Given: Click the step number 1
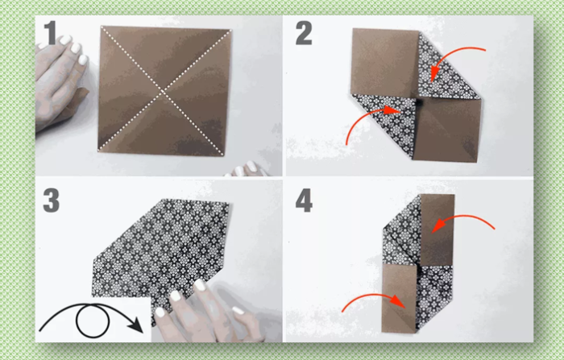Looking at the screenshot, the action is click(x=50, y=32).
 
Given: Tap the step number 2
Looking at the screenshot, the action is click(x=304, y=33).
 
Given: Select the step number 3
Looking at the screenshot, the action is click(x=51, y=200).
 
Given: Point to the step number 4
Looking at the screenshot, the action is click(x=304, y=201).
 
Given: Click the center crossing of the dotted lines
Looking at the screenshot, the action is click(x=163, y=92).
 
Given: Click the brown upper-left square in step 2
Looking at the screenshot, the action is click(x=385, y=62).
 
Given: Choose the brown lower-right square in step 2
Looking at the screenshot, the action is click(x=447, y=130).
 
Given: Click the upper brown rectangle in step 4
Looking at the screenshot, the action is click(x=437, y=230).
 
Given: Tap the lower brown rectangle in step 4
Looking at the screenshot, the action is click(x=399, y=299).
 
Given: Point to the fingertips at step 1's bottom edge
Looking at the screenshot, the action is click(x=247, y=169).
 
